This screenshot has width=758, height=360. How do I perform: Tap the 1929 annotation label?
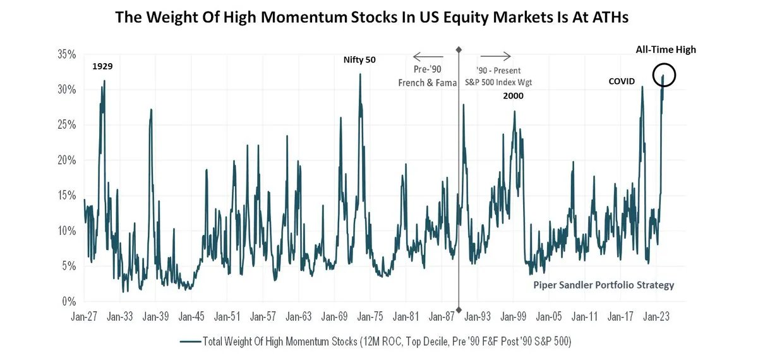tap(103, 66)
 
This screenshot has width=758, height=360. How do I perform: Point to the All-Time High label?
tap(666, 49)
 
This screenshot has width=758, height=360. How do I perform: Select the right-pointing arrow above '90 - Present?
tap(494, 56)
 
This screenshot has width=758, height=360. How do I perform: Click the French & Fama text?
tap(427, 83)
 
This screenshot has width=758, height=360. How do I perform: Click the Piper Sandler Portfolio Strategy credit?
tap(603, 285)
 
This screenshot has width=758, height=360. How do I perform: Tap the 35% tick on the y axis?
tap(66, 54)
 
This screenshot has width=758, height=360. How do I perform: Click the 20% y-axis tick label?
tap(66, 160)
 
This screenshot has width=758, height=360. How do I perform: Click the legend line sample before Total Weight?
tap(190, 342)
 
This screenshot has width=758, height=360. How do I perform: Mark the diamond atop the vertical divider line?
tap(459, 49)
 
